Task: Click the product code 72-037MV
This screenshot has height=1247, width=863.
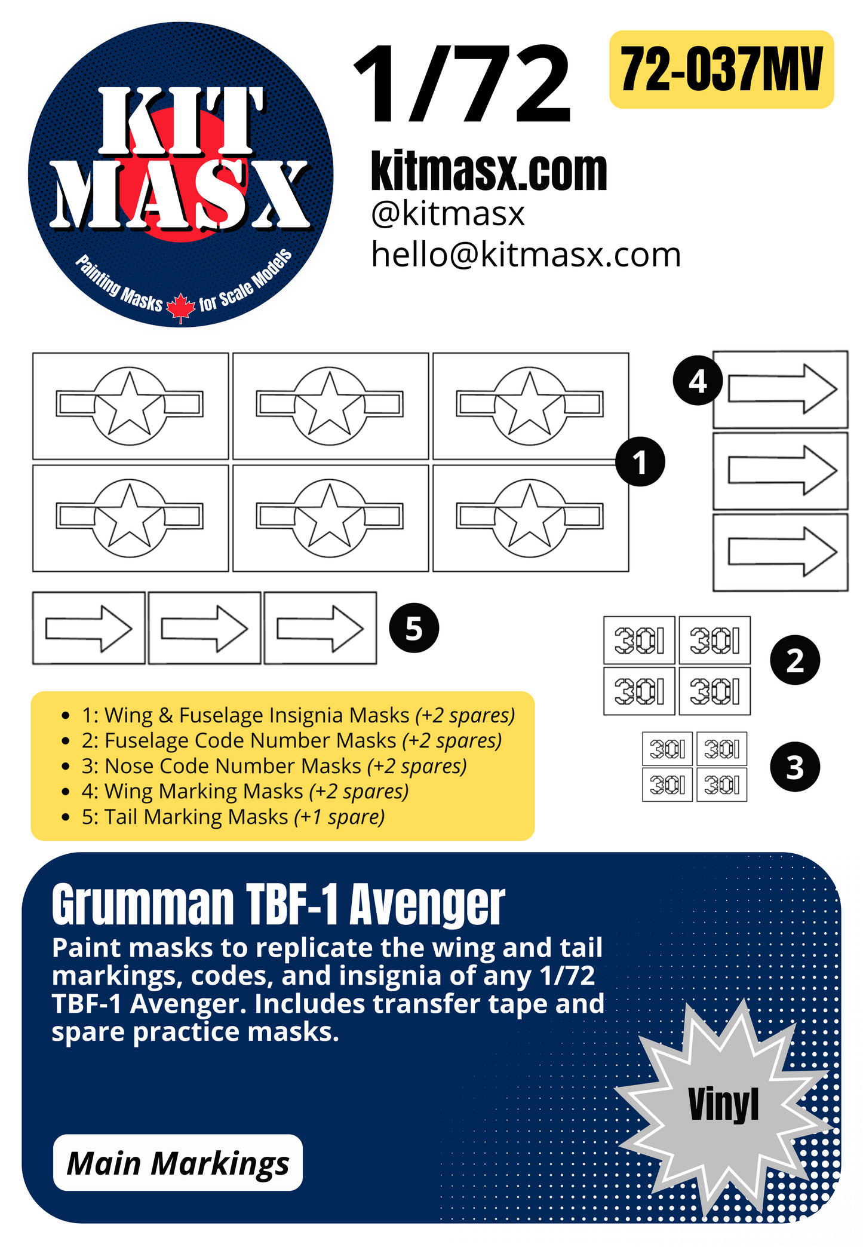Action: coord(721,70)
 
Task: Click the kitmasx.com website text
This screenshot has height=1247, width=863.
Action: coord(489,171)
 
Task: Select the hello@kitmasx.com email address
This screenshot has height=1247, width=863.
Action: coord(526,255)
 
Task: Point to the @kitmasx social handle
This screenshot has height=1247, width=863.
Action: coord(447,213)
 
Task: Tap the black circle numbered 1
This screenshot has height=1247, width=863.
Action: coord(640,462)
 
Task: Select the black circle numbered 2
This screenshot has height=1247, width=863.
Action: coord(795,660)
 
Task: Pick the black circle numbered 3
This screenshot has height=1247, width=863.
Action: coord(795,767)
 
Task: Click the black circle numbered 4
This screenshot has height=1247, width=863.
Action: coord(698,381)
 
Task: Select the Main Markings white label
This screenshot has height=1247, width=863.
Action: coord(178,1163)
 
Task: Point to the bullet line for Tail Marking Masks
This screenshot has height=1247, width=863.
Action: coord(233,817)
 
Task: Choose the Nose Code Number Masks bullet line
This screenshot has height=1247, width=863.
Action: coord(274,766)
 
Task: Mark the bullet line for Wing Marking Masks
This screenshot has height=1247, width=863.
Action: coord(245,791)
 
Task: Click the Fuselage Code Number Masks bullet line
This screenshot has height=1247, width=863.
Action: coord(291,740)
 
